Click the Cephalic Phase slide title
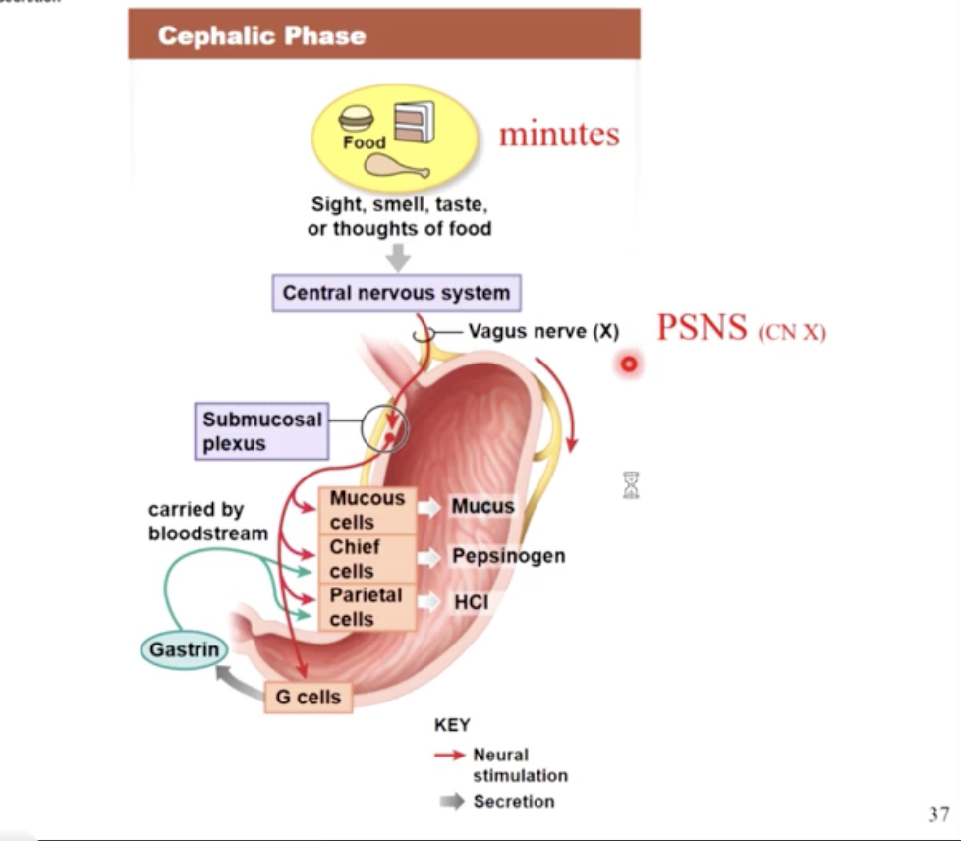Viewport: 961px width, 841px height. tap(261, 36)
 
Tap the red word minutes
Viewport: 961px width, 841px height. tap(559, 134)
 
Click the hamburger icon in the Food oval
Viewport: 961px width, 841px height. tap(356, 119)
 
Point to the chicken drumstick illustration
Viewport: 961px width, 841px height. tap(397, 167)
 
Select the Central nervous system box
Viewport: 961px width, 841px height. tap(396, 293)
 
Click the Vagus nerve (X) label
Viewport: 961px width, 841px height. tap(542, 332)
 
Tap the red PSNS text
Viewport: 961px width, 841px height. tap(702, 327)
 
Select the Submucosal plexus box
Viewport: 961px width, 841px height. tap(261, 431)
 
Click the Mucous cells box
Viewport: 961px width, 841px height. tap(367, 510)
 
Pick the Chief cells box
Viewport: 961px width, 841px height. tap(367, 558)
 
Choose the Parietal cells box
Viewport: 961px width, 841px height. tap(367, 606)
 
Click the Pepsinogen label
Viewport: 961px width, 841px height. tap(508, 556)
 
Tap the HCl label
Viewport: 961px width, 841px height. tap(471, 602)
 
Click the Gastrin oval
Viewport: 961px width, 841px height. tap(184, 649)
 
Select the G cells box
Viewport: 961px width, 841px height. tap(308, 697)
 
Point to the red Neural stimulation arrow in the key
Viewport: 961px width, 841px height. tap(450, 756)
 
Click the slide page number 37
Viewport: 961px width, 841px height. tap(938, 814)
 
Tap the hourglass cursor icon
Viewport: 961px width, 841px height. tap(631, 484)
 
